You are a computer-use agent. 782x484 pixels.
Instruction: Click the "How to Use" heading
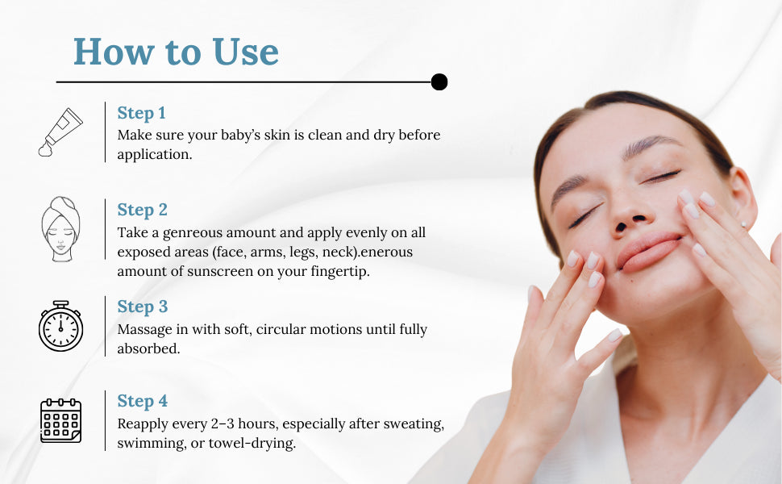pos(176,52)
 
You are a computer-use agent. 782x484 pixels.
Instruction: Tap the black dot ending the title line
pos(439,81)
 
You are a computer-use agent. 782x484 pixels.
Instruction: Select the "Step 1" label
pos(141,113)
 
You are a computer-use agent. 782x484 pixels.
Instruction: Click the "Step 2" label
pos(142,210)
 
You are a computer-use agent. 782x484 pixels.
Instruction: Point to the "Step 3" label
pos(142,307)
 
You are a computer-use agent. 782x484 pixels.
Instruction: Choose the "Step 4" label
pos(142,401)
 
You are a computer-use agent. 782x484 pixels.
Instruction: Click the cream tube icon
pos(60,132)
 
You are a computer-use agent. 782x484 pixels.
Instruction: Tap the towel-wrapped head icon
pos(60,229)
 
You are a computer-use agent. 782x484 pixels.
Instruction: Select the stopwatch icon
pos(60,326)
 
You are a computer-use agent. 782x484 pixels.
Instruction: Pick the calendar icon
pos(60,420)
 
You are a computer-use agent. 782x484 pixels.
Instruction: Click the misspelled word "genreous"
pos(193,233)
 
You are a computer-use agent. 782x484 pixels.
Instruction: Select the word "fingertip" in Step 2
pos(340,272)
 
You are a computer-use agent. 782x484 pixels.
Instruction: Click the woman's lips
pos(649,252)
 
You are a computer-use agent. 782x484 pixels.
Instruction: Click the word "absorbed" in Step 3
pos(148,348)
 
